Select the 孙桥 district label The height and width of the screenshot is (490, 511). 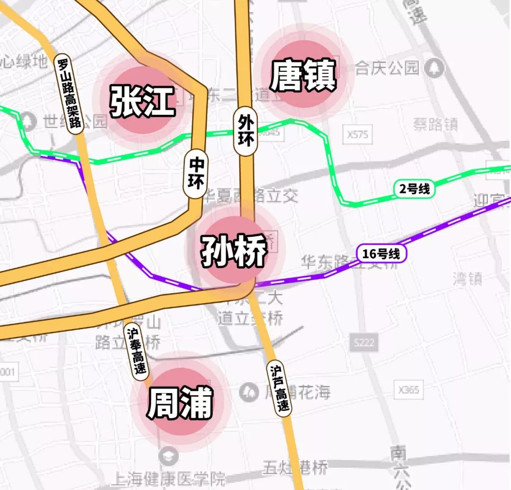234,251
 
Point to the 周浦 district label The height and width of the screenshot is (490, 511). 180,403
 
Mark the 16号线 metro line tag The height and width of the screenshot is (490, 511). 381,254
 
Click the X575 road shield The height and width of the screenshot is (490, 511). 357,135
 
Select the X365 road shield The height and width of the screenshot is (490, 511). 408,390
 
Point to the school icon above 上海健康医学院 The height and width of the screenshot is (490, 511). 168,456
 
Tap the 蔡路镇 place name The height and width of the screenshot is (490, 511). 435,124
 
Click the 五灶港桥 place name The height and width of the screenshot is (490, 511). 295,468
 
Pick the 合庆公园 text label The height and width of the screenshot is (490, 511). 387,69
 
